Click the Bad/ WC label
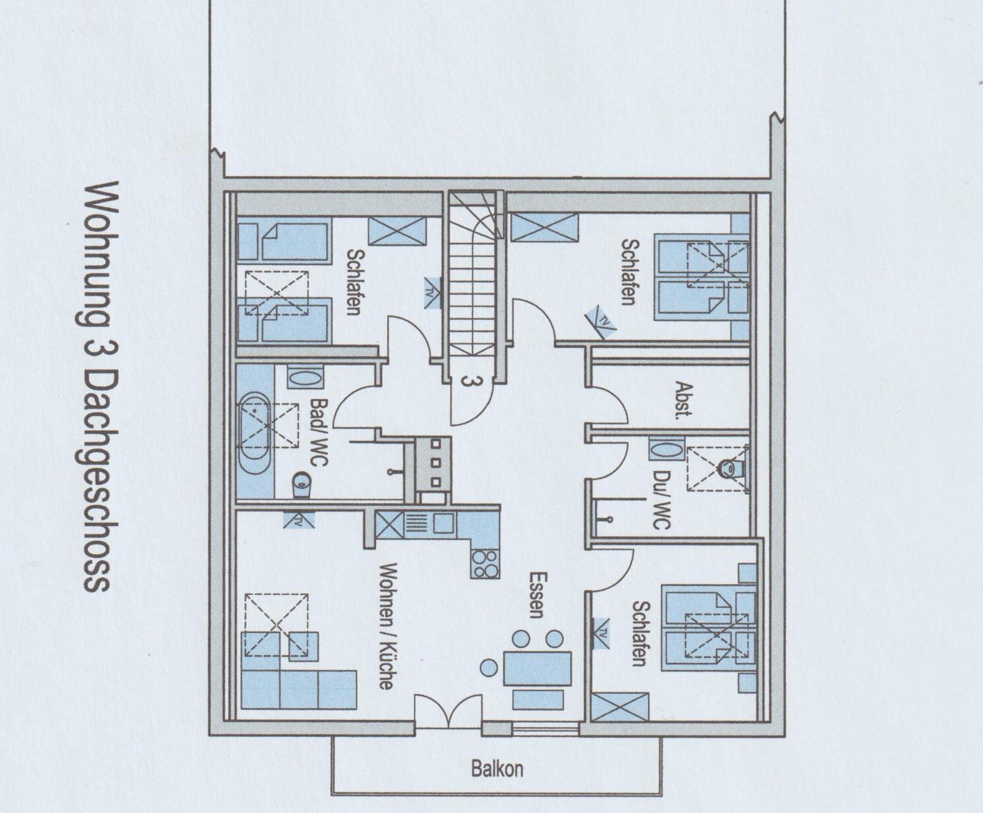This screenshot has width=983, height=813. click(318, 432)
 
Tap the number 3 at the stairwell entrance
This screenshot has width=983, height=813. click(466, 381)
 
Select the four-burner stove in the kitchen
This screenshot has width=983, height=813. click(485, 564)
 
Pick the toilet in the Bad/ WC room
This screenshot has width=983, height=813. click(302, 485)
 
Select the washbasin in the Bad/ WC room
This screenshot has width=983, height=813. click(304, 376)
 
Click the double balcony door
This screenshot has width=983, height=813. click(448, 712)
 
